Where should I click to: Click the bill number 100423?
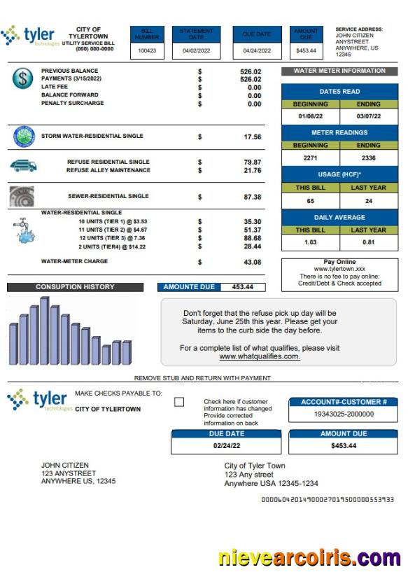pos(147,51)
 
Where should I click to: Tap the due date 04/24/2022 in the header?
pos(256,51)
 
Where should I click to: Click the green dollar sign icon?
pos(22,78)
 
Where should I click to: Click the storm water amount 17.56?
pos(252,137)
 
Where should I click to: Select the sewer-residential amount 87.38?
pos(252,197)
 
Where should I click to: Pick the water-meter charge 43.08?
pos(252,263)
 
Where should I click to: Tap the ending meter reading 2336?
pos(368,158)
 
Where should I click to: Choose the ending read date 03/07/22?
pos(368,116)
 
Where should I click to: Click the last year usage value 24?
pos(368,201)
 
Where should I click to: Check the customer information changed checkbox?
pos(179,402)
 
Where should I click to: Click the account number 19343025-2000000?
pos(343,414)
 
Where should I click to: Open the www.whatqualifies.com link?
pos(260,356)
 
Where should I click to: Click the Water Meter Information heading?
pos(339,71)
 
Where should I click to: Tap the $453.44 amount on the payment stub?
pos(343,446)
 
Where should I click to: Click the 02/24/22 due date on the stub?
pos(226,446)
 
